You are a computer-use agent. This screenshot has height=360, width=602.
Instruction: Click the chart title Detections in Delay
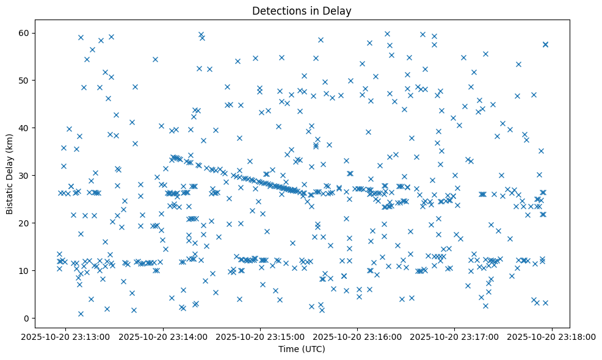click(x=302, y=11)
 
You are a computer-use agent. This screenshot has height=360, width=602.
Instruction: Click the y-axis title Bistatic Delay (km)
click(x=10, y=173)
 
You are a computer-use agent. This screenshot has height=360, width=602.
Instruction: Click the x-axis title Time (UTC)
click(x=302, y=349)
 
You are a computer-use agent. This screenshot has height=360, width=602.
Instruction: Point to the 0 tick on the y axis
click(x=27, y=318)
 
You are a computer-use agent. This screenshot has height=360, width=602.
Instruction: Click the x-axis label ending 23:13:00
click(x=66, y=336)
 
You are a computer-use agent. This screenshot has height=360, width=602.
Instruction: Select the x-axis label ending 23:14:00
click(x=163, y=336)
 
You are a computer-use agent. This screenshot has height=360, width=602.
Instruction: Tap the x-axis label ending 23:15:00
click(x=261, y=336)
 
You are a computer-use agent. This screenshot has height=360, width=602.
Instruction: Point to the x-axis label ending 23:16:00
click(x=358, y=336)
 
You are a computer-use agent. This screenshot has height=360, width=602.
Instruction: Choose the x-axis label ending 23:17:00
click(x=455, y=336)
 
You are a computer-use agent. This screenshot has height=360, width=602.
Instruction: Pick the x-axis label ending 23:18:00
click(x=553, y=336)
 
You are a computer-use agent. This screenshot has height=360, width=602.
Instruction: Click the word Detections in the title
click(x=276, y=11)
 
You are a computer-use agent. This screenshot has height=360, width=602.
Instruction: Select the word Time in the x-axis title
click(x=288, y=349)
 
